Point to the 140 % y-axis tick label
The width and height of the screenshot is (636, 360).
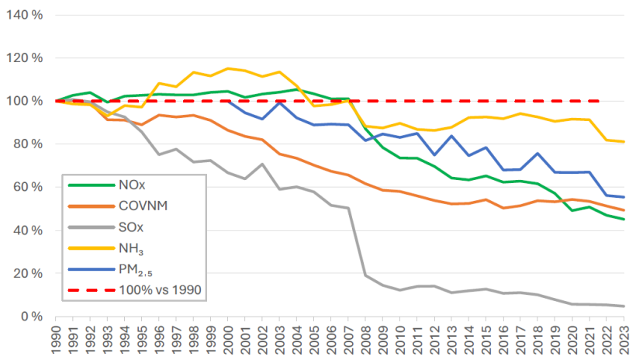[x=25, y=15]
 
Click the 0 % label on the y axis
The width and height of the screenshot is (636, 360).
[x=32, y=317]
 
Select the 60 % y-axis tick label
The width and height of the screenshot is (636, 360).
[x=29, y=187]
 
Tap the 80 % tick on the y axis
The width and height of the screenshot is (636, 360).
[x=29, y=144]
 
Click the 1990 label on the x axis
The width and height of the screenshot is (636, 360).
[x=56, y=340]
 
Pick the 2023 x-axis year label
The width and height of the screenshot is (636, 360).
[x=624, y=340]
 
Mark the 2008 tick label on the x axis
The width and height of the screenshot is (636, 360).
[x=366, y=340]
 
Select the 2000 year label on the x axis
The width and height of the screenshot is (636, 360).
[x=228, y=340]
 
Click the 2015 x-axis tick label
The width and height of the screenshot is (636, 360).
[x=486, y=340]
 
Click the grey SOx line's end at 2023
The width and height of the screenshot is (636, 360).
[x=624, y=306]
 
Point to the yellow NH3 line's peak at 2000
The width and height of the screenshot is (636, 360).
[x=228, y=68]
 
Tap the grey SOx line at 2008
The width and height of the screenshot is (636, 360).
[x=365, y=275]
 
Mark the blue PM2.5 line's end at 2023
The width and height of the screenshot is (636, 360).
[x=624, y=197]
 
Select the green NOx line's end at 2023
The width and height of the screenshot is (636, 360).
[x=624, y=220]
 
